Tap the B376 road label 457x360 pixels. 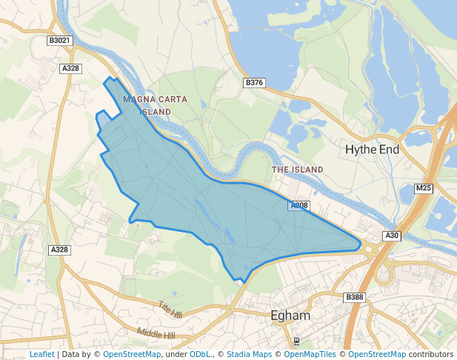[x=254, y=82]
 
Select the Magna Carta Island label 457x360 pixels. [x=156, y=104]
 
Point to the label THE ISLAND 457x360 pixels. [x=298, y=170]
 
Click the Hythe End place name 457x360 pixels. [x=372, y=150]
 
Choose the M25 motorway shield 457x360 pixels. [x=423, y=188]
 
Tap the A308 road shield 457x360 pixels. [x=299, y=205]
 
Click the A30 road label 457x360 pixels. [x=392, y=236]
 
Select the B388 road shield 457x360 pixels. [x=355, y=297]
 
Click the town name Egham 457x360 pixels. [x=290, y=316]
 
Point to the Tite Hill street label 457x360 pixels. [x=170, y=309]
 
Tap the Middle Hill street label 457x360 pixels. [x=156, y=335]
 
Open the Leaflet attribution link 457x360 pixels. [x=41, y=354]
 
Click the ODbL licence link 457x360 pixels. [x=199, y=354]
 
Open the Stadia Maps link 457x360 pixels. [x=249, y=354]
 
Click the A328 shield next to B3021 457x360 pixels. [x=70, y=68]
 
